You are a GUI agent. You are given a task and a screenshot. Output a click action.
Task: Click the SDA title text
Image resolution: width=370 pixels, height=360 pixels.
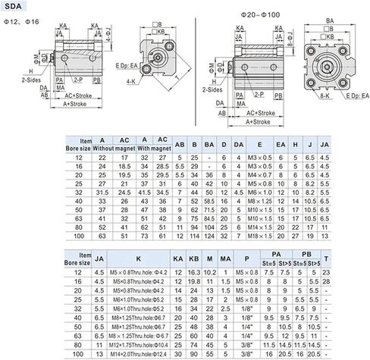click(x=13, y=7)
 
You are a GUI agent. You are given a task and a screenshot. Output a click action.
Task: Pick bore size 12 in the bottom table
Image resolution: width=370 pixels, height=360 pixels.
click(x=75, y=271)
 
